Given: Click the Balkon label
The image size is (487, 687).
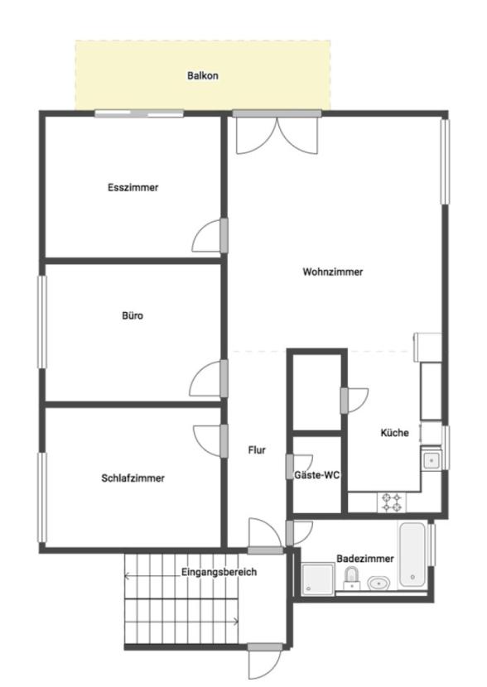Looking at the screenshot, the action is [203, 75].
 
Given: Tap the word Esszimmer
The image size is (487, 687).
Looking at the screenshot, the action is [133, 188].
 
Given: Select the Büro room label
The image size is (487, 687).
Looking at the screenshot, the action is [133, 315].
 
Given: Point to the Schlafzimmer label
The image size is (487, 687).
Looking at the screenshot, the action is [133, 478].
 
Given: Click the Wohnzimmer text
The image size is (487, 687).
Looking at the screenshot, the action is [333, 271].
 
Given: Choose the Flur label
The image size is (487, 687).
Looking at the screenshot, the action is [257, 450].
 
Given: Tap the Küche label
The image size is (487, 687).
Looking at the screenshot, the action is [394, 433].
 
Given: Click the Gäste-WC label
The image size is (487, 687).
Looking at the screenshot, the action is [317, 475].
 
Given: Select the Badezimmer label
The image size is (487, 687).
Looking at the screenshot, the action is [365, 559].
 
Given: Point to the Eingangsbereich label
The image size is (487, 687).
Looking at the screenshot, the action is [219, 572].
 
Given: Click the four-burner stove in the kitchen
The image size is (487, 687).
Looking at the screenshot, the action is [392, 502].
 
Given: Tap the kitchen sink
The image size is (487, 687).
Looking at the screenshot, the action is [432, 460].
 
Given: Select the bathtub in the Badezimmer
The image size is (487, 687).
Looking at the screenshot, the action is [412, 555].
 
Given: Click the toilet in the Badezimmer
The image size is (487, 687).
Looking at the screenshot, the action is [351, 578].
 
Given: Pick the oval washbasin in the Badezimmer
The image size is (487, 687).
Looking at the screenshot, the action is [379, 584].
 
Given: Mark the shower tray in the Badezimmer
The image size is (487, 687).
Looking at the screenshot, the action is [318, 579].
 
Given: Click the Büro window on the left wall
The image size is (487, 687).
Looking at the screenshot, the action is [42, 322].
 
